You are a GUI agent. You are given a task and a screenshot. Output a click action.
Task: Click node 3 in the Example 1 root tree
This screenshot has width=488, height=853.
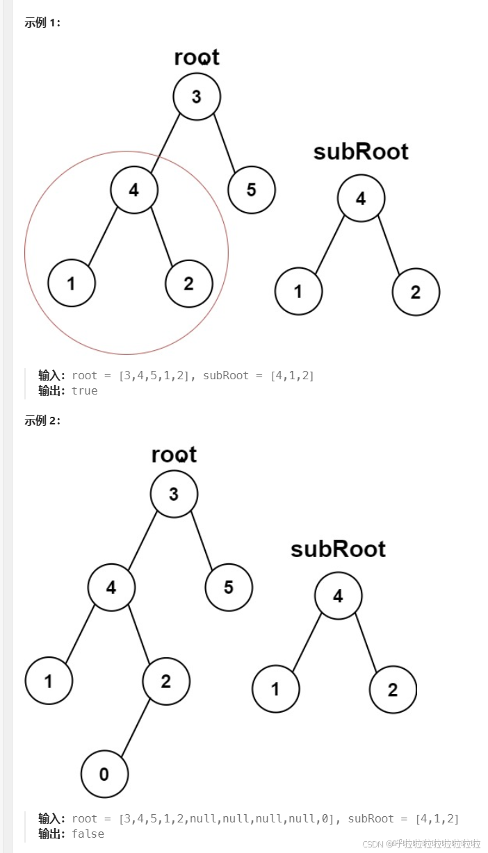click(x=197, y=97)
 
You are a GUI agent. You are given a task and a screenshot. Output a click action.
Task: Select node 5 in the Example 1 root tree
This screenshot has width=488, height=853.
click(x=252, y=190)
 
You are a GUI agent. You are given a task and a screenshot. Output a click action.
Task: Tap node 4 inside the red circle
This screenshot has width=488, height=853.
click(x=134, y=190)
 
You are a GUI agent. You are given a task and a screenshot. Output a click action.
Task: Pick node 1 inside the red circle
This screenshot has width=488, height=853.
click(x=72, y=283)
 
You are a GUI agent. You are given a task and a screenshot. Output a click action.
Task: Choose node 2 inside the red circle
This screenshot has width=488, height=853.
click(x=189, y=283)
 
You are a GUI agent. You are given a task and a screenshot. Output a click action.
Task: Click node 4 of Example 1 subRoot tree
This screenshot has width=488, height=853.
click(x=361, y=199)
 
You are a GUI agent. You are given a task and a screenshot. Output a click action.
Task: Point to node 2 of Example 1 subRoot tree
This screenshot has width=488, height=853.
click(x=416, y=292)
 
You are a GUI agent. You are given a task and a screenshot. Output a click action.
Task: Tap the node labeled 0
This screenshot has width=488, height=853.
click(x=104, y=774)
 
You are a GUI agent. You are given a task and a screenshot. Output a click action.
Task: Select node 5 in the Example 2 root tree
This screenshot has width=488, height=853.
click(x=229, y=588)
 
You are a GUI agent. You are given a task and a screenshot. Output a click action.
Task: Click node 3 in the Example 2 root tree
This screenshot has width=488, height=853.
click(x=174, y=494)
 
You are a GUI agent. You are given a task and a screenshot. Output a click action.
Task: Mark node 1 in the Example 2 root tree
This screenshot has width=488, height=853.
click(x=49, y=681)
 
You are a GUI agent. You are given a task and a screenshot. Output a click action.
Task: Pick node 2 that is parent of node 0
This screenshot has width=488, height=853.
click(x=166, y=681)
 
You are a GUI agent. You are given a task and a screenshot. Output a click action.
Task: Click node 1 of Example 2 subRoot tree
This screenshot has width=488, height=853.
click(x=276, y=690)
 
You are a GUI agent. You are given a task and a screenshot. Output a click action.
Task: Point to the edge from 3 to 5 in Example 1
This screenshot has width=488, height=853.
click(x=225, y=143)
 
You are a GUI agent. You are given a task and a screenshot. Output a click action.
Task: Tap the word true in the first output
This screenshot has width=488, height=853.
click(x=85, y=391)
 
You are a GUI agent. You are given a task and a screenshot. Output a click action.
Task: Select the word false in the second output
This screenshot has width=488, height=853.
click(x=88, y=834)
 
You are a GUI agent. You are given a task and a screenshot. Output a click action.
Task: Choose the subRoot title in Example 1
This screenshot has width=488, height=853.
click(x=361, y=151)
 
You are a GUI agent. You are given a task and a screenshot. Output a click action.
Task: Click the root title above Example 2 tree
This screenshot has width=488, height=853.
click(x=174, y=455)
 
